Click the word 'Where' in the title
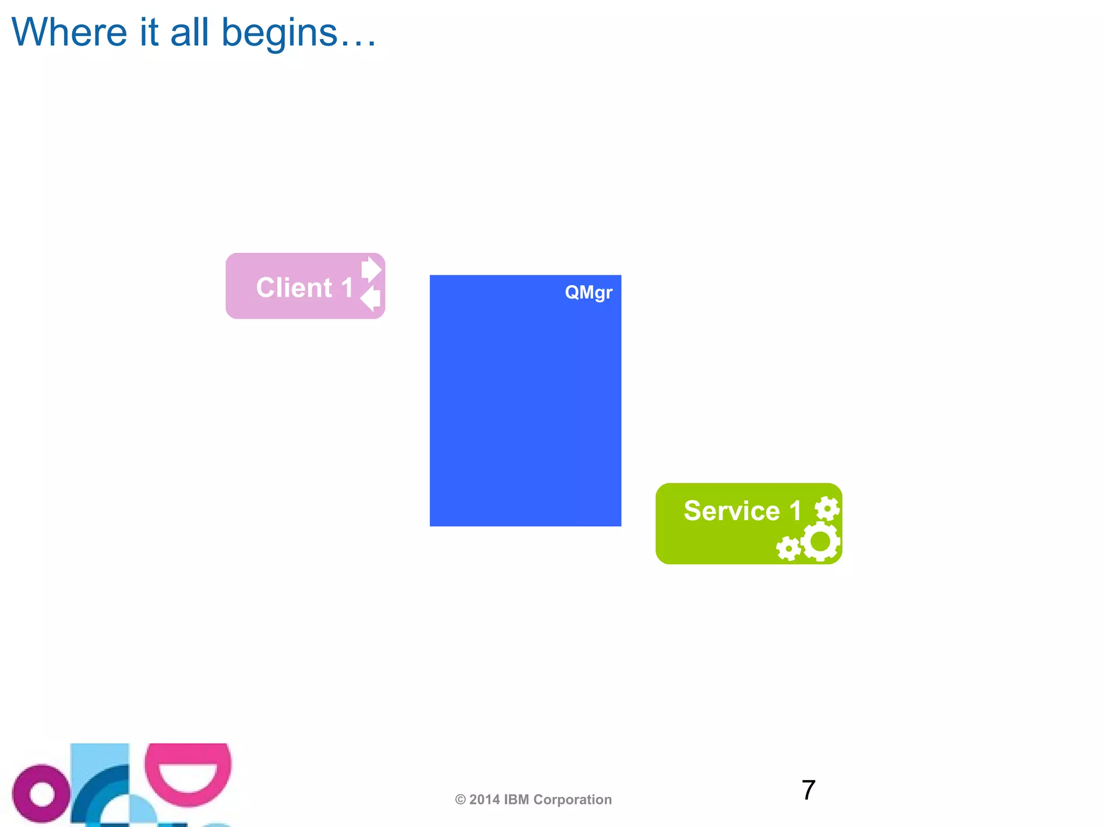point(69,32)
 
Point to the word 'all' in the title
point(189,32)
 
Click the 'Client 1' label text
point(304,288)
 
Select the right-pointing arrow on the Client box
point(371,269)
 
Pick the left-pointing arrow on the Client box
point(371,298)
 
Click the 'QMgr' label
point(588,293)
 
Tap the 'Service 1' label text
point(742,510)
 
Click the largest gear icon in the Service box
point(820,542)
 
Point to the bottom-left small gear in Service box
point(788,549)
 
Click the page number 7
point(808,790)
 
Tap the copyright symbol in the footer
point(460,800)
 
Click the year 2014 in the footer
point(485,800)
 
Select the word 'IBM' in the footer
point(516,800)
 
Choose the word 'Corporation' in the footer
point(573,800)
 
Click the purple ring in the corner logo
point(41,794)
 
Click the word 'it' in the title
point(149,32)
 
